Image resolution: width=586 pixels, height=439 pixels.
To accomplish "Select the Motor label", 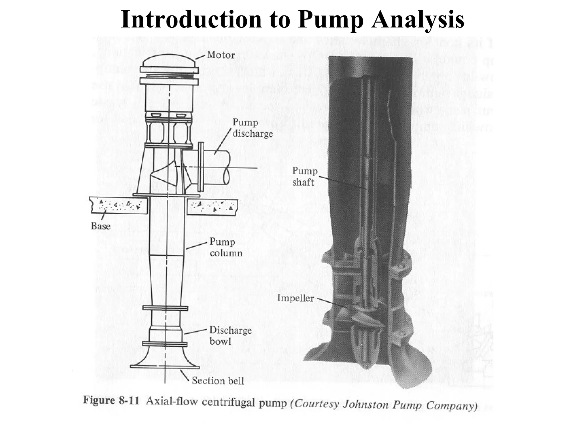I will tap(221, 55).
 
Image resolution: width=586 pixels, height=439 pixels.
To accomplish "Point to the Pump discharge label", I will tap(252, 128).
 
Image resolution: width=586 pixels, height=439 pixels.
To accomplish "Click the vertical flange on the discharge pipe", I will tap(201, 167).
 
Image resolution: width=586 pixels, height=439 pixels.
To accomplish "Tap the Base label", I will tap(100, 226).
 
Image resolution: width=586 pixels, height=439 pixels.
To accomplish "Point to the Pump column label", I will tap(226, 247).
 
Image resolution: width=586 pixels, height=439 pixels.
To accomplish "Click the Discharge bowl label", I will tap(230, 336).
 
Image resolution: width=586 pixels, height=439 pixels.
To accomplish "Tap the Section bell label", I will tap(218, 381).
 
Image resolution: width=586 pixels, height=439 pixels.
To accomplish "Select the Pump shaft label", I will tap(305, 177).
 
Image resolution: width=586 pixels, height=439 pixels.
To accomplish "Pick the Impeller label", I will tap(295, 298).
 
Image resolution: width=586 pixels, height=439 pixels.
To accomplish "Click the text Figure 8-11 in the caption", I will tap(111, 400).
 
